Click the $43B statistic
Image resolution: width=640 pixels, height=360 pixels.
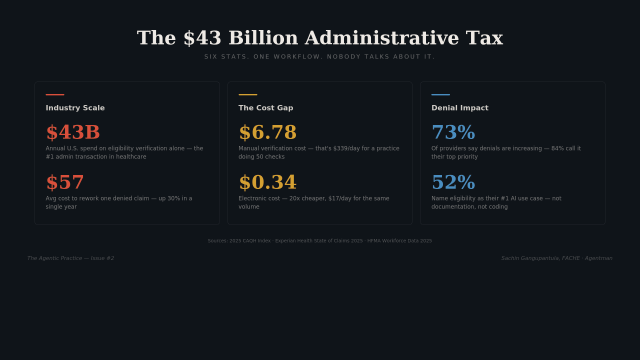(73, 132)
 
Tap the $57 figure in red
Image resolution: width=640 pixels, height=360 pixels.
(65, 182)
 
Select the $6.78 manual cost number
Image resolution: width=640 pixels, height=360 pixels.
(267, 132)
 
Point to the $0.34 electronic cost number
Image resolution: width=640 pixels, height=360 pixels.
(267, 182)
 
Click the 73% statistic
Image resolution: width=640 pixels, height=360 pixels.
(453, 132)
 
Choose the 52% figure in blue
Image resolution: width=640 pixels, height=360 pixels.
(453, 182)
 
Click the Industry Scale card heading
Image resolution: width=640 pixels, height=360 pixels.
(75, 108)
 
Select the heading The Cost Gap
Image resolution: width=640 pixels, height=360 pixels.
(265, 108)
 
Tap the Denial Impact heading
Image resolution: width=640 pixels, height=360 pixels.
(459, 108)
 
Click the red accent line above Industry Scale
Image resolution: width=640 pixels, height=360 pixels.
(55, 94)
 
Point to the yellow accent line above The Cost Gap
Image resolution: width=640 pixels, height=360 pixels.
(247, 94)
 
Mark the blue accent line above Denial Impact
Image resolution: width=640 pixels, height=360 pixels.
(440, 94)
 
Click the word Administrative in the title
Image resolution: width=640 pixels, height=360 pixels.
(382, 38)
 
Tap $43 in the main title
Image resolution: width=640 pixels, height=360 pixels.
(202, 38)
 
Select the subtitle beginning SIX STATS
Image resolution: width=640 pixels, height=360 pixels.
(319, 57)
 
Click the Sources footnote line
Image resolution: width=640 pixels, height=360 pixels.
(319, 241)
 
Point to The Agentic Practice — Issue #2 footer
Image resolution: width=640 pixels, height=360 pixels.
(70, 258)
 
